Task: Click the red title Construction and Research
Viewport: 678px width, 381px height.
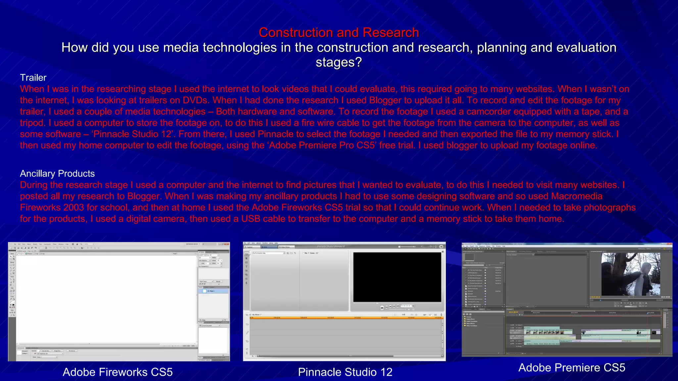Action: click(339, 32)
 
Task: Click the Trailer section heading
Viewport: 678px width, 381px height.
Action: click(33, 78)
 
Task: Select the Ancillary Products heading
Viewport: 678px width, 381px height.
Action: click(57, 174)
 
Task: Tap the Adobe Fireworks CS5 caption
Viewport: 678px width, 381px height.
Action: click(118, 372)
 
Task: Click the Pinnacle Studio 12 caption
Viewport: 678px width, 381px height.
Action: click(345, 372)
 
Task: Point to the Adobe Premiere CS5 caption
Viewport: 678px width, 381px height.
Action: click(572, 367)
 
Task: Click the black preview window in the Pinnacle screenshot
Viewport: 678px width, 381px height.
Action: click(397, 277)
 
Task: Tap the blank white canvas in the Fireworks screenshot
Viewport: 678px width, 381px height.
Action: click(106, 298)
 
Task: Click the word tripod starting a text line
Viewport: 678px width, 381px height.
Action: click(32, 123)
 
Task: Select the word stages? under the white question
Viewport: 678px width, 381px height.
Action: click(339, 62)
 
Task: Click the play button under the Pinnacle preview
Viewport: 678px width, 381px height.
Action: click(382, 308)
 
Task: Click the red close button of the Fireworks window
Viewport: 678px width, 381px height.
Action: click(227, 244)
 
